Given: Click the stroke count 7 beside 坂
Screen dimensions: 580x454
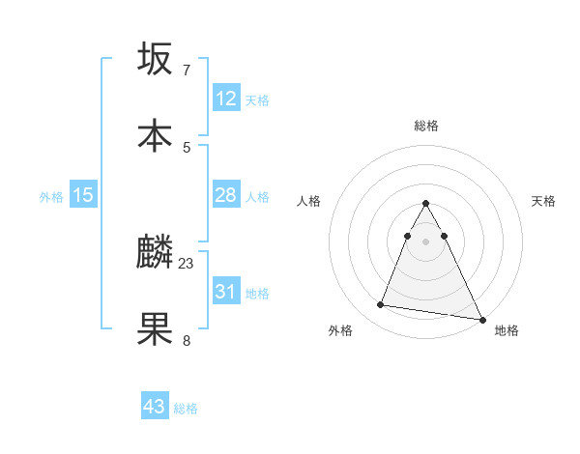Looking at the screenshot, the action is [x=186, y=70].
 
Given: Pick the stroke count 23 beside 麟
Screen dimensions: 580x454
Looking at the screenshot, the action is [x=187, y=263].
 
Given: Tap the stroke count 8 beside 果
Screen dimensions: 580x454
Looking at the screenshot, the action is [x=186, y=340].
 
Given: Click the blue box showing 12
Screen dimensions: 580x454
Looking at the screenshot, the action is [x=225, y=99].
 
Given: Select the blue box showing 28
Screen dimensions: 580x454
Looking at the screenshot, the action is [x=225, y=195].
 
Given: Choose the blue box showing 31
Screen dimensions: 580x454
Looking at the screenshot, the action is [x=225, y=291].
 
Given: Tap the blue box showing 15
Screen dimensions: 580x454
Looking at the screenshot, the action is [x=83, y=195].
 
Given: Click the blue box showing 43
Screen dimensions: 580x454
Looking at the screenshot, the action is [x=154, y=407].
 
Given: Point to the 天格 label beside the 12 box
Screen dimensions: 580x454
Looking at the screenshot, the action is [x=256, y=100].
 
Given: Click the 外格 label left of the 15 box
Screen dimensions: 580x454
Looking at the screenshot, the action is [x=51, y=197].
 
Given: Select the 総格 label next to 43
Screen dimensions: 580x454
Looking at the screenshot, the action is [x=186, y=409].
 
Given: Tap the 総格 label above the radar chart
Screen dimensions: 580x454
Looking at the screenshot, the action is [x=426, y=126].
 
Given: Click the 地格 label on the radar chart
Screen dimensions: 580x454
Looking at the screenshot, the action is [x=507, y=330].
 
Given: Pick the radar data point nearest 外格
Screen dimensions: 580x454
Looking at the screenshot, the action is [x=381, y=305].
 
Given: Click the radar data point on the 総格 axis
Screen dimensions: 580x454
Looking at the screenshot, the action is [x=425, y=204].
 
